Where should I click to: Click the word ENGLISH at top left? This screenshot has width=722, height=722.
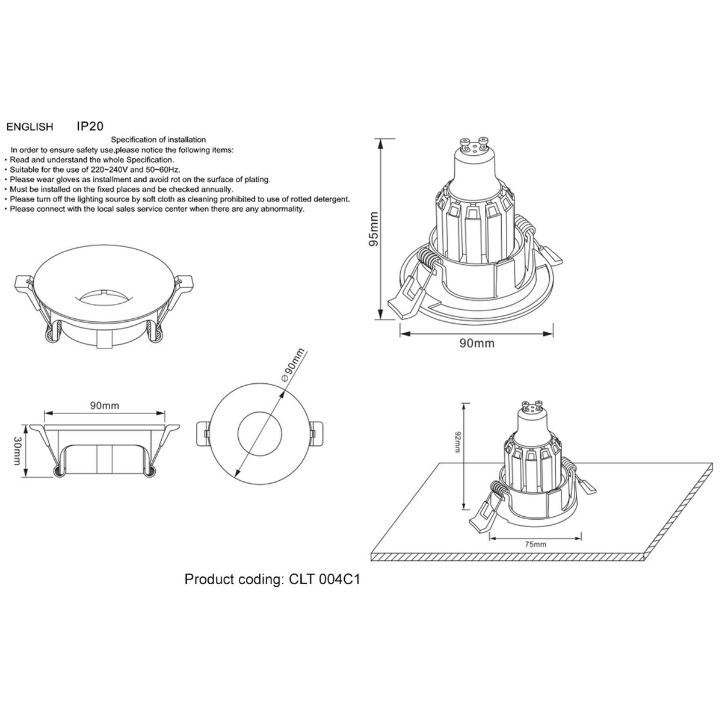29,127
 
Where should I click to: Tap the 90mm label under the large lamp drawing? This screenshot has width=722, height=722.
477,343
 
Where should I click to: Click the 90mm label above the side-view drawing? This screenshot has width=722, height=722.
105,405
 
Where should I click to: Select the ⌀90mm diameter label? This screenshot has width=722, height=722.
294,365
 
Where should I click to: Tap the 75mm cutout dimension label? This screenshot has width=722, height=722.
535,544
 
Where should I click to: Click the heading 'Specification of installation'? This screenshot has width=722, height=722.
162,140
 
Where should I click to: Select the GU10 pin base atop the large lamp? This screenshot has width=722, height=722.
474,145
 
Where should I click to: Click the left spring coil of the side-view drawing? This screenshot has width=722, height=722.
59,472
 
